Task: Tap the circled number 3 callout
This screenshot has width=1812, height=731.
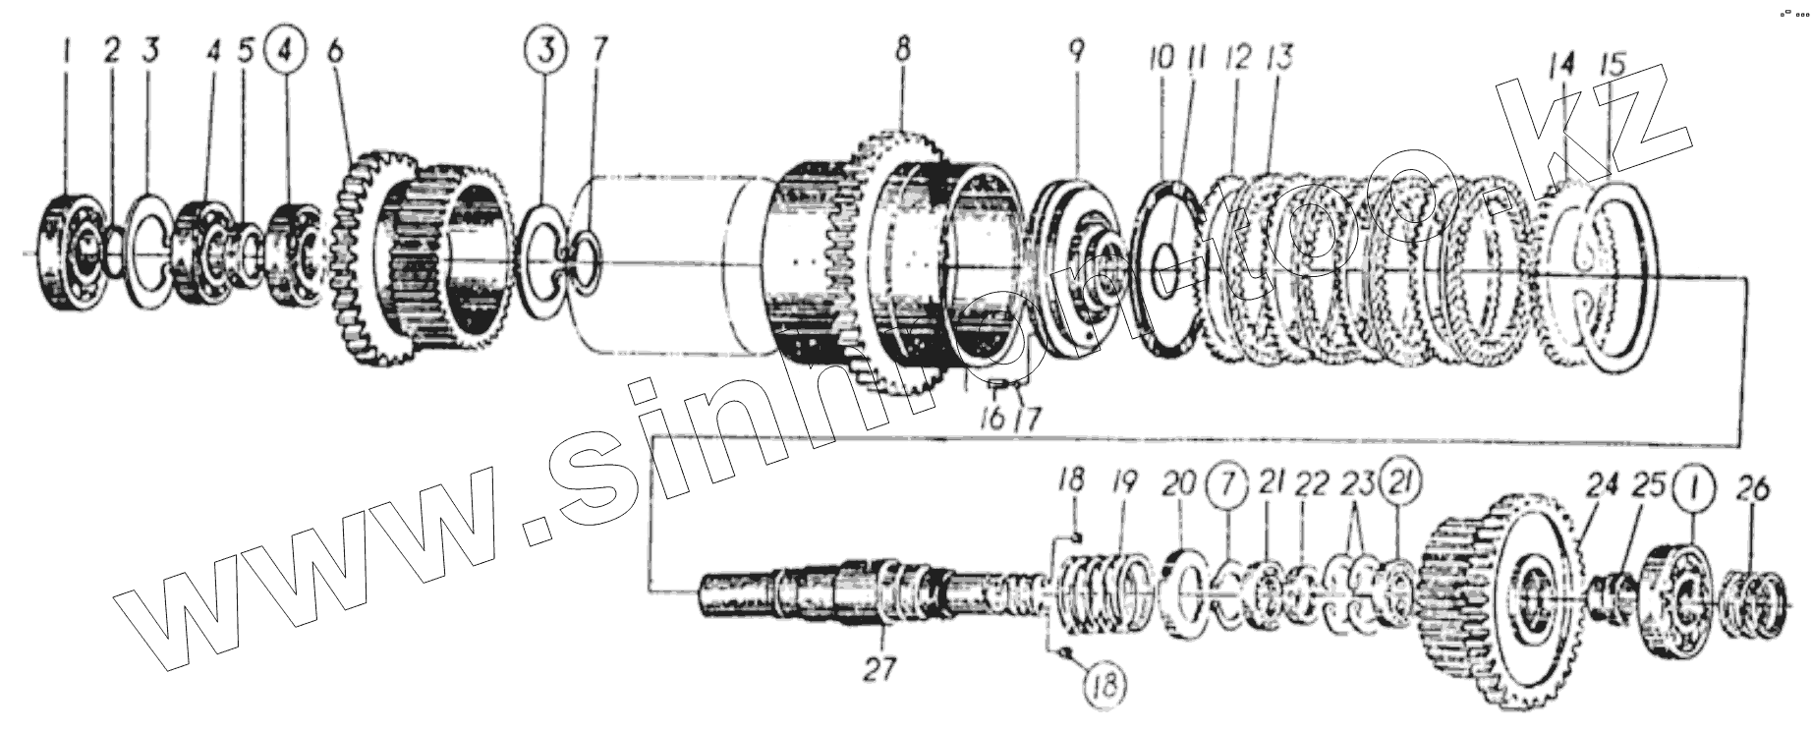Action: pos(547,48)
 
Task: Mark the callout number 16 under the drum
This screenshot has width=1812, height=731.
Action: pos(991,420)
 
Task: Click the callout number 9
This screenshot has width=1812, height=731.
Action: pos(1077,51)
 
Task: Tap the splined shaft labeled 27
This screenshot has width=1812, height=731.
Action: pos(835,594)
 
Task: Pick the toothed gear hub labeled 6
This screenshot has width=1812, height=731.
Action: pos(423,260)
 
